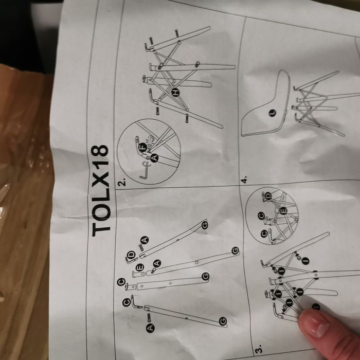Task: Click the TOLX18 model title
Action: click(x=102, y=190)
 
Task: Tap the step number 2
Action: click(x=122, y=182)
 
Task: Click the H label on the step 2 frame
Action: click(x=175, y=93)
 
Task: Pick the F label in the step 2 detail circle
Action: click(x=142, y=147)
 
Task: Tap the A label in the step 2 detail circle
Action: click(x=155, y=158)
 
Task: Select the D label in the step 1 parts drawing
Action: click(x=132, y=255)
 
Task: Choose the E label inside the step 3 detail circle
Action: click(x=282, y=210)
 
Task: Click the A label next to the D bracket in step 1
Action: click(x=145, y=240)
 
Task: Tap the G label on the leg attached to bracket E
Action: click(x=235, y=250)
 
